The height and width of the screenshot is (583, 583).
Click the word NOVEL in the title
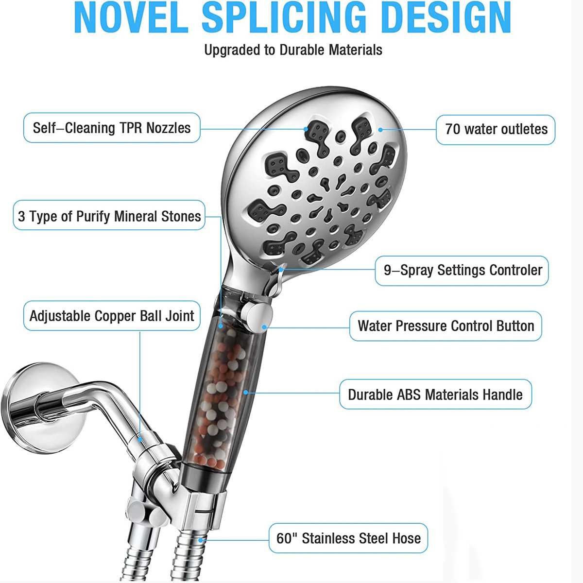coord(131,18)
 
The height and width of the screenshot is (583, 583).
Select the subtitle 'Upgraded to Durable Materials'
coord(293,50)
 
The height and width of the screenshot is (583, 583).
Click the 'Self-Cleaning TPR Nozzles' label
coord(112,128)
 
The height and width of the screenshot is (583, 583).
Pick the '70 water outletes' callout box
coord(496,129)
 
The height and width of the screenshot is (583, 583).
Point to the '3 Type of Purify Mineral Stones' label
coord(109,216)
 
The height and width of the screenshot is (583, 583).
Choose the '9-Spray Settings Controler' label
coord(462,270)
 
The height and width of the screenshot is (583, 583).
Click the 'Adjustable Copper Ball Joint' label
coord(112,316)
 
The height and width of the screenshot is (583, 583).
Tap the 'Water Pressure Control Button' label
coord(446,326)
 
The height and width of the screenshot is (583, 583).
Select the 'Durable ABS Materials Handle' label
coord(435,394)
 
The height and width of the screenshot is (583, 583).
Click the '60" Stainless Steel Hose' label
coord(348,538)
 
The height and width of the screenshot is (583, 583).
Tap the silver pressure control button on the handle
coord(257,316)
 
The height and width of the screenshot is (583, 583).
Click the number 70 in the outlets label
coord(452,129)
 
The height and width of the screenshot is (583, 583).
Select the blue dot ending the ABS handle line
coord(246,392)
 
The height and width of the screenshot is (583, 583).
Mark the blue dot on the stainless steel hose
coord(201,539)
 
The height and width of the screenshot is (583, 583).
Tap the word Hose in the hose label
coord(407,538)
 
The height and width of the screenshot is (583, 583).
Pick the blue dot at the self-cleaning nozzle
coord(306,129)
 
